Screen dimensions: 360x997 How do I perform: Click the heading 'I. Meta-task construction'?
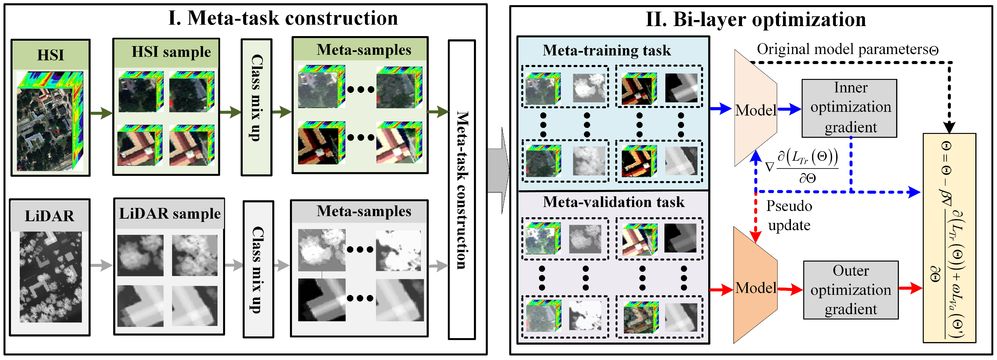tap(283, 18)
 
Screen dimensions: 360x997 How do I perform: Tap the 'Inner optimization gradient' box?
tap(850, 108)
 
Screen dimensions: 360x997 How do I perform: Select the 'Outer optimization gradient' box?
tap(851, 290)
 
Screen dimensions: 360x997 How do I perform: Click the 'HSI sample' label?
tap(171, 52)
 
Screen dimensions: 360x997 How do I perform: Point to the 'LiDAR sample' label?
tap(170, 213)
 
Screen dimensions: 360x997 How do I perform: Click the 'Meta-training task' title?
tap(606, 50)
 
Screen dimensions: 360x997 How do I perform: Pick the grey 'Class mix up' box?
tap(258, 269)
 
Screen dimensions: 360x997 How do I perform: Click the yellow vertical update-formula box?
tap(949, 238)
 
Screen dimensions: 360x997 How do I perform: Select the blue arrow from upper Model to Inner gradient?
tap(789, 109)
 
